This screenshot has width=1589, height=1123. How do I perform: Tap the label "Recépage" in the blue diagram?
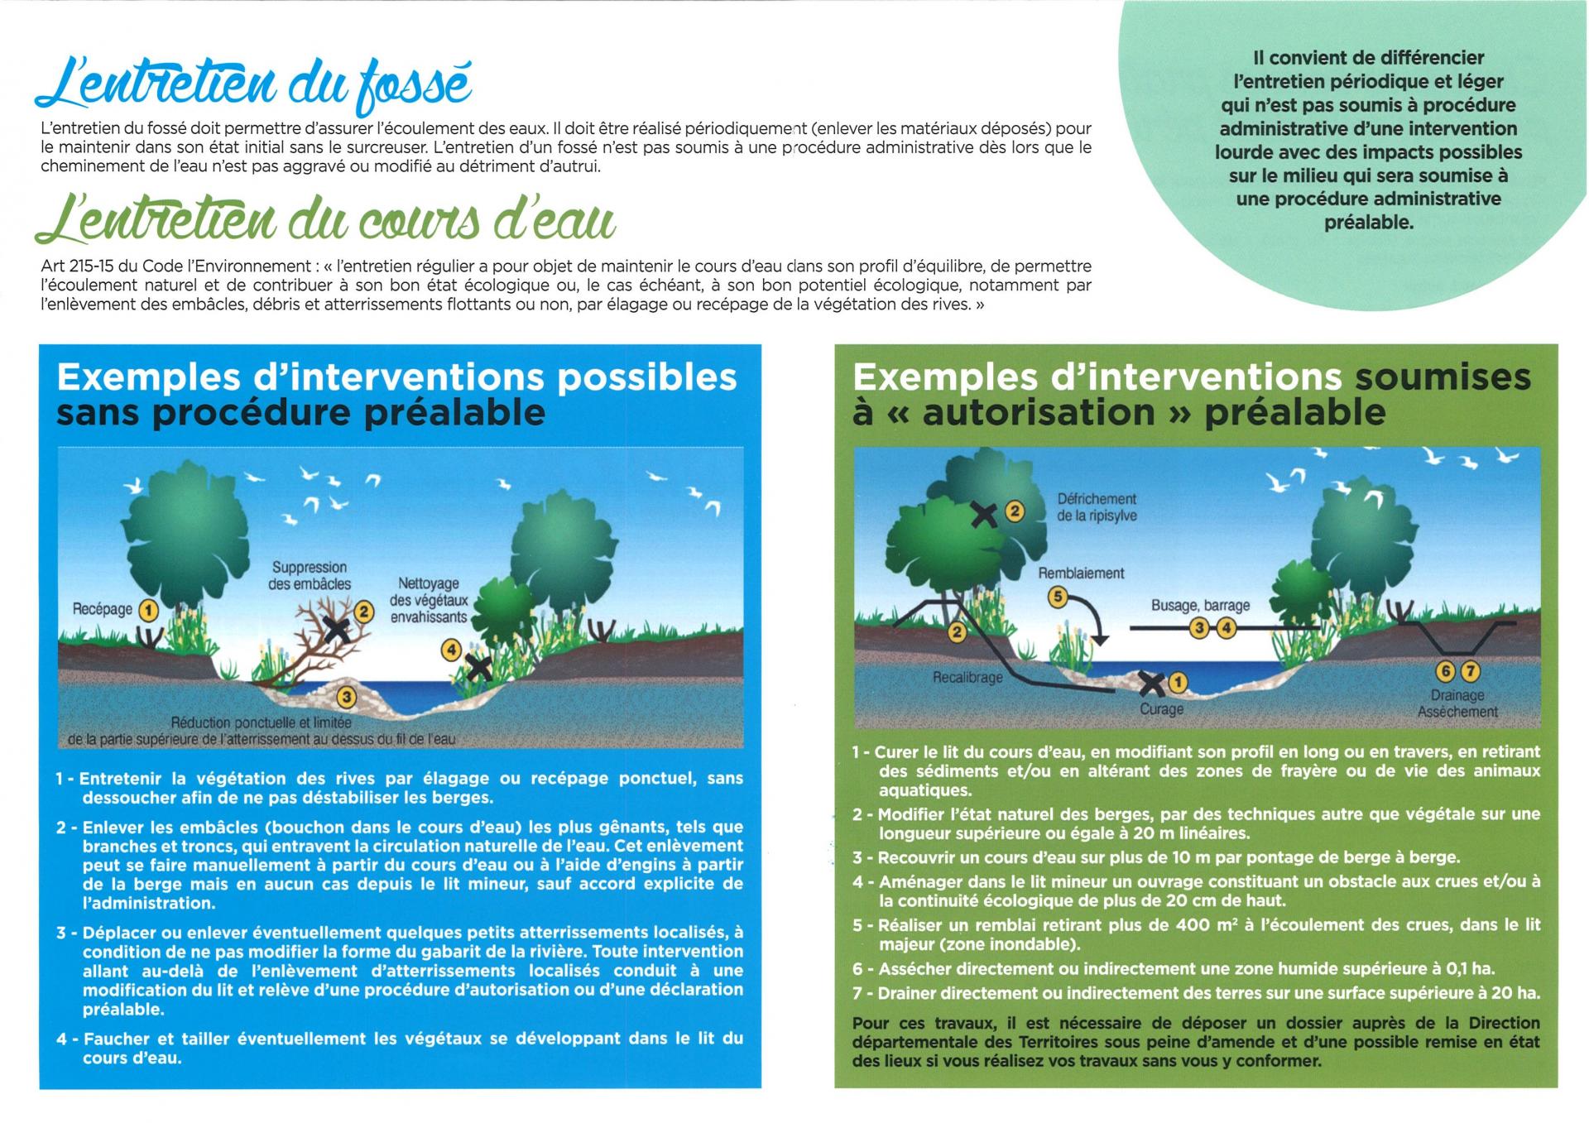coord(103,610)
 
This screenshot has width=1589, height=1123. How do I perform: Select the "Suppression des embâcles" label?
coord(310,576)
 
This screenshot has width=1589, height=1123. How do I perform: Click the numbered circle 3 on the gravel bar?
coord(347,698)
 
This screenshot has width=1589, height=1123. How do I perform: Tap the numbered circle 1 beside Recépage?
coord(148,611)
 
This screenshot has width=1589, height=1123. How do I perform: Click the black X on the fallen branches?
coord(336,630)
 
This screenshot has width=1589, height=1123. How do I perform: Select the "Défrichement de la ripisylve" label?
coord(1097,507)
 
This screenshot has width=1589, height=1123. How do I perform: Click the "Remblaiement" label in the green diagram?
coord(1081,573)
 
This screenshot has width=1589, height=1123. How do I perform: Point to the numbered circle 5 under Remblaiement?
coord(1056,597)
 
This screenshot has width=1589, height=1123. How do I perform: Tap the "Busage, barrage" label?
coord(1200,606)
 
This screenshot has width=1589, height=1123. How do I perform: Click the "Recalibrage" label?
coord(967,678)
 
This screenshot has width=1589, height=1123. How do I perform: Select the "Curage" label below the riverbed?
coord(1162,709)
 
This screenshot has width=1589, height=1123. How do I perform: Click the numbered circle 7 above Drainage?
coord(1470,671)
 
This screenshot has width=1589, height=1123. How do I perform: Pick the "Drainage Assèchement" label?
coord(1457,704)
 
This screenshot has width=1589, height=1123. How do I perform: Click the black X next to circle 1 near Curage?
coord(1150,684)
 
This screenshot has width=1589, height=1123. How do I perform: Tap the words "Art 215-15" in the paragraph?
coord(78,266)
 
